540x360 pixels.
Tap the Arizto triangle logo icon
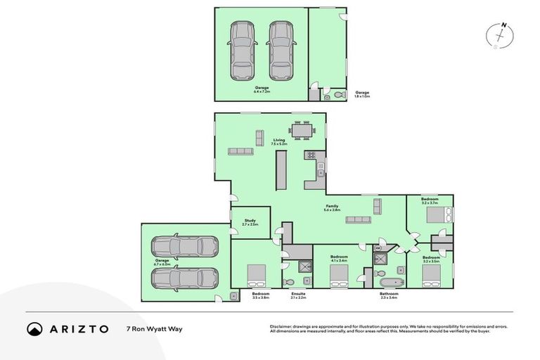pos(34,328)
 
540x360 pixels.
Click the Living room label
pos(279,141)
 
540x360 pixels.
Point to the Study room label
pos(250,221)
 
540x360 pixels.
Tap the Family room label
pos(332,207)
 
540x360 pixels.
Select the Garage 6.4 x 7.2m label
pos(262,89)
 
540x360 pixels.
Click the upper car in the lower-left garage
pos(185,247)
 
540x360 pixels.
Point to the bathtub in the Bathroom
pos(386,282)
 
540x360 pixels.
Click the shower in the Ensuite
pos(304,266)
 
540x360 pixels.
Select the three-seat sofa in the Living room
pos(240,151)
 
